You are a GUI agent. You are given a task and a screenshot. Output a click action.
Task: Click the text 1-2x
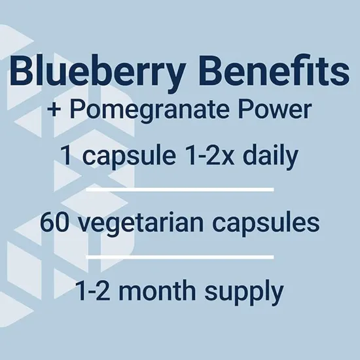pos(213,157)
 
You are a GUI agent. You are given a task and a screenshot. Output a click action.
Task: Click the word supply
pos(249,290)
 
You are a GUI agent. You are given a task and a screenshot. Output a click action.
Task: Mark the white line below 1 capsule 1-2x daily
pos(179,189)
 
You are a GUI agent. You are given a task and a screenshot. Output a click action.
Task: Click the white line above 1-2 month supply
pos(179,255)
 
